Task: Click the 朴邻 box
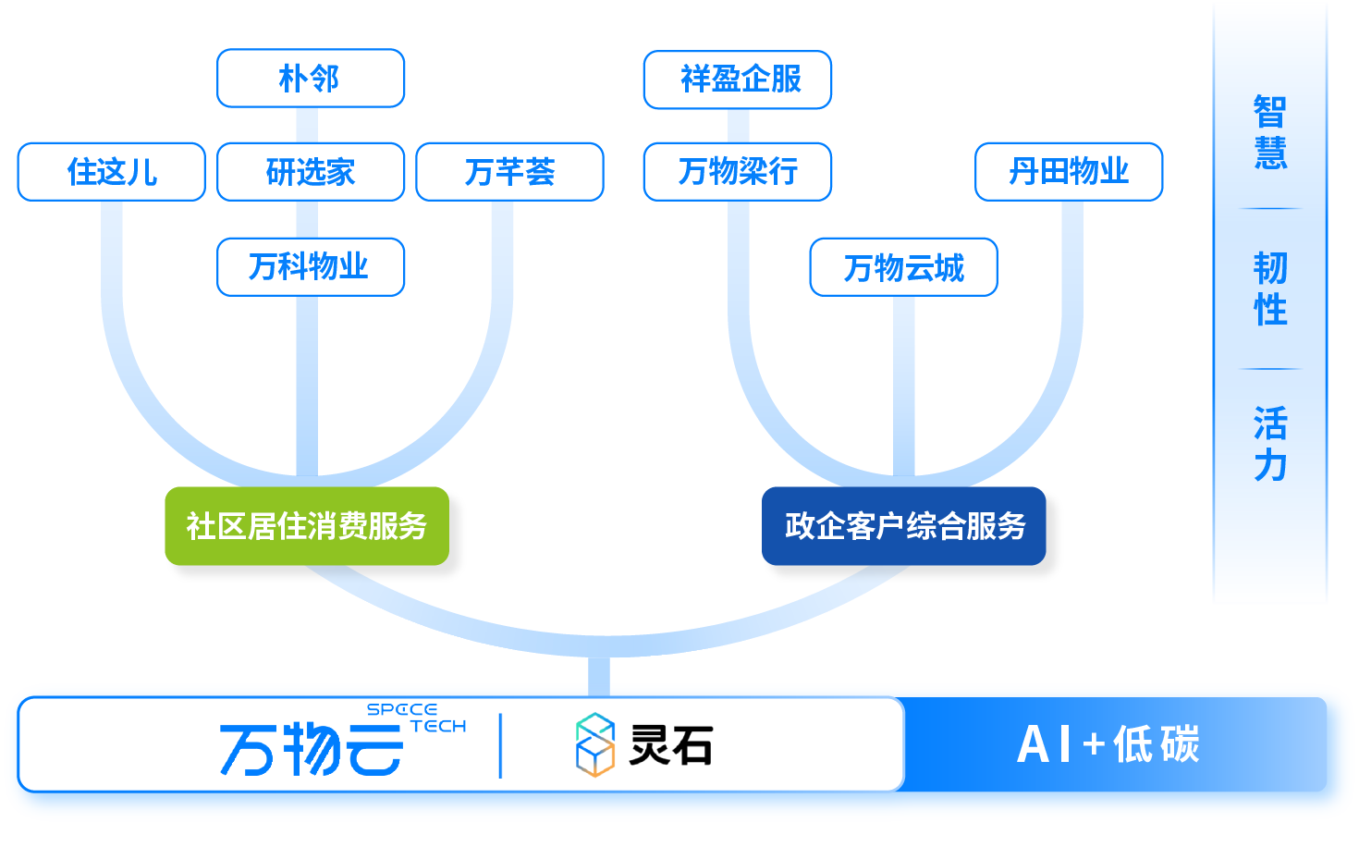[311, 79]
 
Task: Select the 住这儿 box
[111, 172]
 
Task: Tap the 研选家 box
[311, 172]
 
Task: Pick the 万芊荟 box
[509, 172]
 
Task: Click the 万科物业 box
[311, 267]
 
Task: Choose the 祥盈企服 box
[738, 80]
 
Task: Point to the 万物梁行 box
[738, 172]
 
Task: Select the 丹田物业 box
[1069, 172]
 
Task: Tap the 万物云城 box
[903, 268]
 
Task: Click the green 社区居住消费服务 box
[307, 526]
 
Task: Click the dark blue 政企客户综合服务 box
[904, 526]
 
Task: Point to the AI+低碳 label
[1108, 745]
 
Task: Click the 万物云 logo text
[311, 749]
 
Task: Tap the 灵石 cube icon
[595, 745]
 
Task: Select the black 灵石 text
[671, 745]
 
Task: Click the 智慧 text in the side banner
[1270, 132]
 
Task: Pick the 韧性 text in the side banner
[1270, 288]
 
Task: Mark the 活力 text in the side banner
[1270, 444]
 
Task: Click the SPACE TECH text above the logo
[416, 718]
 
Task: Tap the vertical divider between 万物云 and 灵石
[500, 745]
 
